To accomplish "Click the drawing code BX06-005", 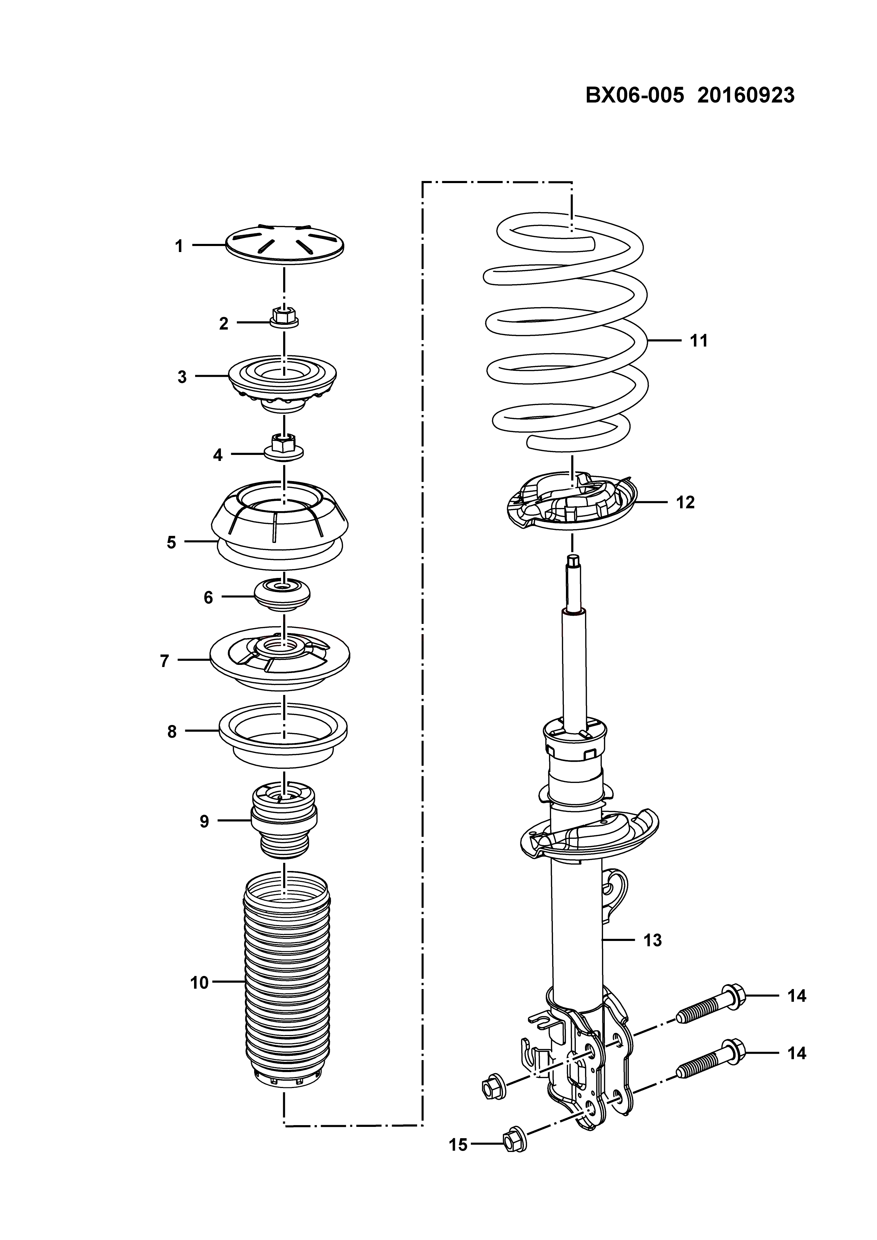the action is [x=635, y=95].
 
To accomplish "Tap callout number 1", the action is [x=179, y=246].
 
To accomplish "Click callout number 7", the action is [x=165, y=661].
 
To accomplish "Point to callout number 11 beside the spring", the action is [x=699, y=341].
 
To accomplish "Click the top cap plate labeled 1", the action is [x=284, y=246].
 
